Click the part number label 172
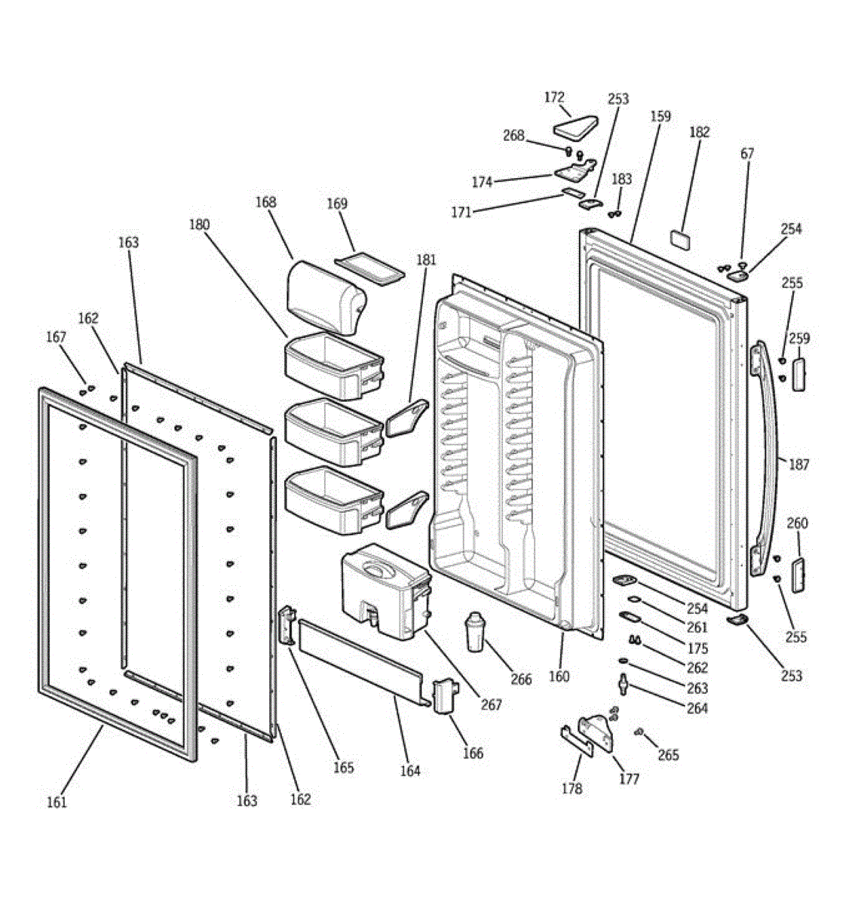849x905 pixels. coord(554,97)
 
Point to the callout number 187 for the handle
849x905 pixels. coord(798,465)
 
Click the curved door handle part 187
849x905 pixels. coord(769,452)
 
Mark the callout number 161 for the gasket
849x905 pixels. coord(57,802)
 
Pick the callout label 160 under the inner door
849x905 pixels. coord(559,676)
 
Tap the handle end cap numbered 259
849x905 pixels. coord(798,374)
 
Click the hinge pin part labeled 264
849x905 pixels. coord(623,683)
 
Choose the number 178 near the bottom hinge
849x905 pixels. coord(572,789)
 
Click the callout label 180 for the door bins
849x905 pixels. coord(200,225)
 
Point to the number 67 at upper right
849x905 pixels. coord(747,154)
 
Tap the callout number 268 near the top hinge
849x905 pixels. coord(513,136)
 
